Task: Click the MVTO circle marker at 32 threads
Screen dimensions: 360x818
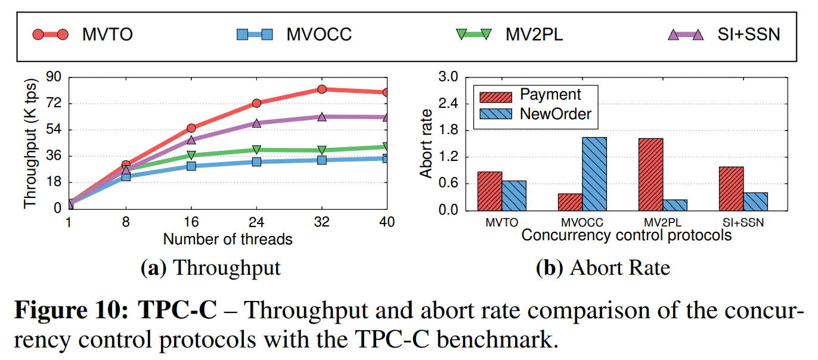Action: click(322, 89)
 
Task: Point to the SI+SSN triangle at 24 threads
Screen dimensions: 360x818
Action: click(256, 123)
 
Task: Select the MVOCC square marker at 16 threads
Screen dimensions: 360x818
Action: click(191, 166)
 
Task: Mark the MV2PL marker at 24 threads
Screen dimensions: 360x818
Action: click(256, 150)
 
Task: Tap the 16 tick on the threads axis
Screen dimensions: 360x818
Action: click(191, 222)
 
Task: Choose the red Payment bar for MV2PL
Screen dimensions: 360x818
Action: click(650, 174)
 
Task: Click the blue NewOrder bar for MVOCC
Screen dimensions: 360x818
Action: click(594, 173)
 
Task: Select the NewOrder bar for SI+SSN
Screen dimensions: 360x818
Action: click(755, 201)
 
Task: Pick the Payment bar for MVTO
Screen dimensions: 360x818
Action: click(489, 191)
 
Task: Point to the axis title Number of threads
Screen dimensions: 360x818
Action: click(228, 239)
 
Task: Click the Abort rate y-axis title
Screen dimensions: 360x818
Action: click(426, 143)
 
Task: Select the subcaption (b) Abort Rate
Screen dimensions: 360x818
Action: click(603, 268)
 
